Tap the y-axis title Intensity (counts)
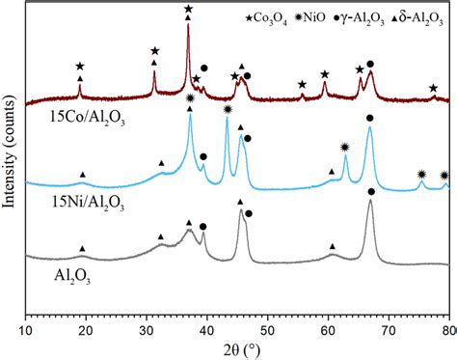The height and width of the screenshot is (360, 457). (x=11, y=159)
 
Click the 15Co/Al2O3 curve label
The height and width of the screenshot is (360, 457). (x=69, y=123)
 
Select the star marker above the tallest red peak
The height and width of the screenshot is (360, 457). (x=188, y=9)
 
